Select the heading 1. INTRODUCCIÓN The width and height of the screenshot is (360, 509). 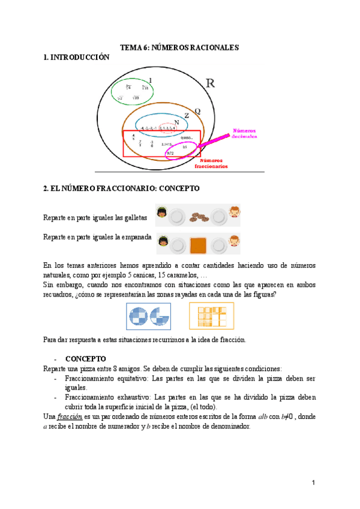tap(77, 57)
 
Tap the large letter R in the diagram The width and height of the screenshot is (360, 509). tap(211, 83)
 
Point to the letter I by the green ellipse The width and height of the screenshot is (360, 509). tap(151, 80)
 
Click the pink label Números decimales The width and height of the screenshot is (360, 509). tap(244, 133)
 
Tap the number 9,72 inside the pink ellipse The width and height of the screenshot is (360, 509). tap(170, 154)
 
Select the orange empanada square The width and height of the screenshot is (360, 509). tap(197, 245)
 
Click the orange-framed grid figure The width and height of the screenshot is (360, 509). tap(211, 316)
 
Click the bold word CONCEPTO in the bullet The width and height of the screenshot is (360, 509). tap(85, 359)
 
